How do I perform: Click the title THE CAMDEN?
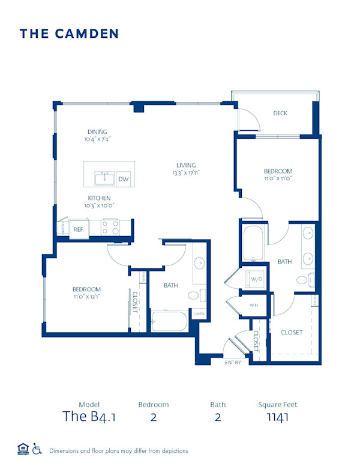(69, 34)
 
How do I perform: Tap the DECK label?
(280, 113)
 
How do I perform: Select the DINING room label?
(97, 132)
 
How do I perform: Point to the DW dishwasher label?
(123, 179)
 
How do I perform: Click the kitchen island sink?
(104, 178)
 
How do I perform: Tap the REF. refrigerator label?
(78, 229)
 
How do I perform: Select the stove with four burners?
(110, 227)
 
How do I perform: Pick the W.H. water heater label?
(254, 305)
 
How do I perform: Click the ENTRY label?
(233, 363)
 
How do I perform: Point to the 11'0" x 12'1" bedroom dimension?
(87, 297)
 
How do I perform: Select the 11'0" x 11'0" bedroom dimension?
(278, 178)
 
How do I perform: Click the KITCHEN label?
(99, 198)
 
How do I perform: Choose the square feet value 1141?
(278, 417)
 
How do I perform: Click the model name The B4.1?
(89, 417)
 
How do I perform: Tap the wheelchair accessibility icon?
(37, 449)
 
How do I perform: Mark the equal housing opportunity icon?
(23, 449)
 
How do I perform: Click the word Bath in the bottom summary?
(217, 405)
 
